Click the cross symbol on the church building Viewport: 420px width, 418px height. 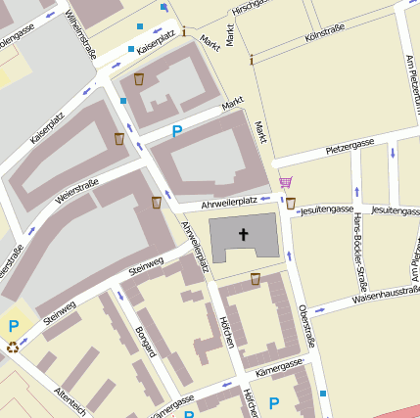pos(244,235)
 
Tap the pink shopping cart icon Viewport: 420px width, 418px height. pos(285,182)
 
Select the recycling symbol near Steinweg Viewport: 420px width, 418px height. pos(13,346)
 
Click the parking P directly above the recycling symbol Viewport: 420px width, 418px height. pos(13,326)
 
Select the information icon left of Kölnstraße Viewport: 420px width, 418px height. pos(252,60)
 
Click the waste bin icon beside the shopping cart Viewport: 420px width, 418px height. pos(291,203)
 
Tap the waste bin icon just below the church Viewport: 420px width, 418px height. pos(256,279)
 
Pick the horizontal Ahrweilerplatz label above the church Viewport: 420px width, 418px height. pos(227,202)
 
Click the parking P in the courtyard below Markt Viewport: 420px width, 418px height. pos(177,131)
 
